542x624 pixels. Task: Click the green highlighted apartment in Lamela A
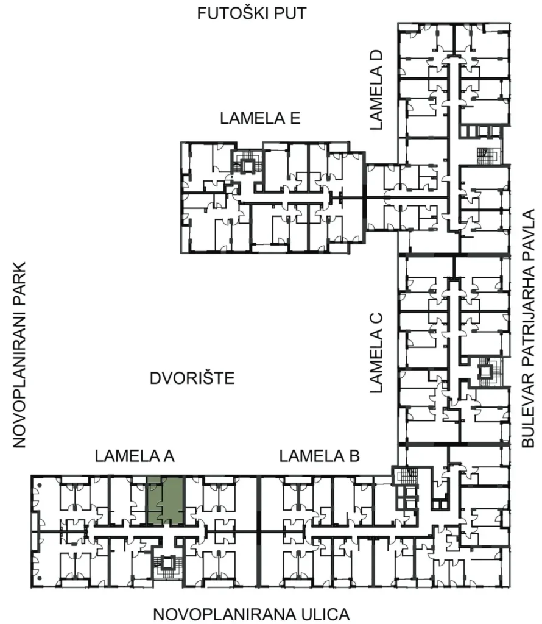[x=166, y=501]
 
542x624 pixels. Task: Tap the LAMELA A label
[x=135, y=456]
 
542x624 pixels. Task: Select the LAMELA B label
[x=319, y=456]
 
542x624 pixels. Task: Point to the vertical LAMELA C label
[x=376, y=353]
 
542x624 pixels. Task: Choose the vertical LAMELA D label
[x=376, y=90]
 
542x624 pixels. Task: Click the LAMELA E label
[x=260, y=118]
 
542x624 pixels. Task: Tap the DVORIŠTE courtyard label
[x=192, y=378]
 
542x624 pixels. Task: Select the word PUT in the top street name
[x=289, y=13]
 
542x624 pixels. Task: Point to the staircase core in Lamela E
[x=247, y=161]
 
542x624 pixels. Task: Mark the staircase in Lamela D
[x=488, y=155]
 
